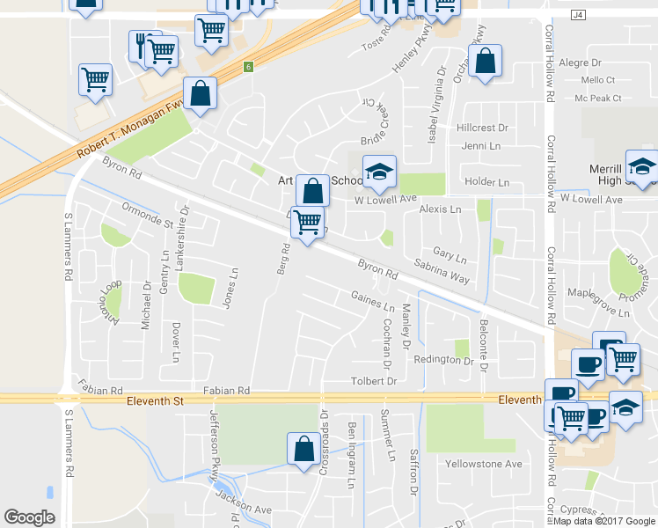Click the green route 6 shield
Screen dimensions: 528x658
(250, 67)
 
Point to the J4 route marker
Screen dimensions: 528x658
(577, 15)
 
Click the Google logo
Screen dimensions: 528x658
(29, 517)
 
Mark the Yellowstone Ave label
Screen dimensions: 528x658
(483, 464)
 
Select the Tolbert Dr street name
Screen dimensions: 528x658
(375, 382)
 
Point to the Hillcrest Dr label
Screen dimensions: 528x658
(482, 128)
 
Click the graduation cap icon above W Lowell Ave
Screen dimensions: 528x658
(379, 172)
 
